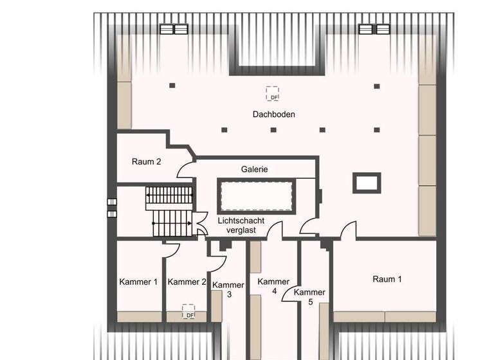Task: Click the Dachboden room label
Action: pos(273,114)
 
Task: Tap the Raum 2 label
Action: pos(146,161)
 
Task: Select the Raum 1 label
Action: pos(387,279)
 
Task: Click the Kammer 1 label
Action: pos(138,282)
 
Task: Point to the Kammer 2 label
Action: pos(187,282)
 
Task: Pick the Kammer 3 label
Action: pos(228,289)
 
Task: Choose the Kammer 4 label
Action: pos(274,286)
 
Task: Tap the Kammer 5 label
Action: pos(310,296)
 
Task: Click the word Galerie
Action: pos(255,169)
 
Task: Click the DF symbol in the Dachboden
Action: pos(273,94)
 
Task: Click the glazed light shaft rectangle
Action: pos(256,196)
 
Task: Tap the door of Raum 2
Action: pos(187,168)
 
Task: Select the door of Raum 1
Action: pos(349,230)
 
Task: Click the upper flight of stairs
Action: pos(170,195)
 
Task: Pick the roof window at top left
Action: pos(174,29)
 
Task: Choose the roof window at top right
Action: pos(374,29)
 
